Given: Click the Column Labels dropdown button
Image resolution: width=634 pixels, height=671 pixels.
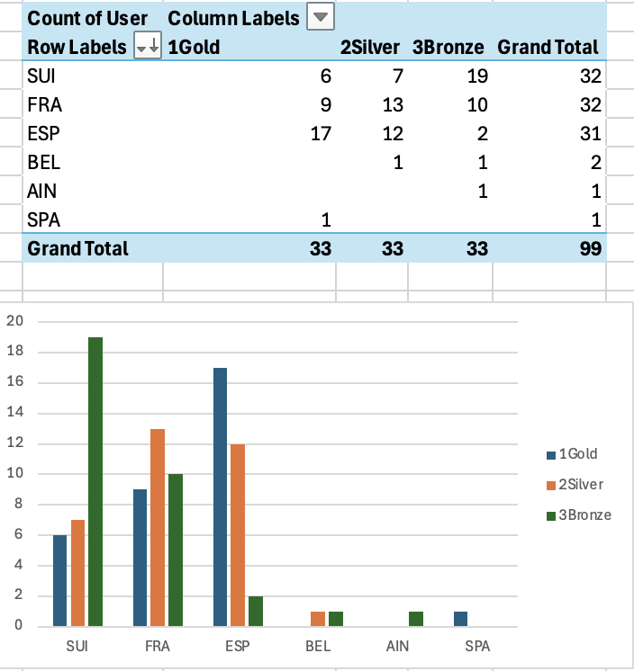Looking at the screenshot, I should pyautogui.click(x=321, y=16).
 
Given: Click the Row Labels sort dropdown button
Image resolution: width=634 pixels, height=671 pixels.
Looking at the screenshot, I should pyautogui.click(x=147, y=48).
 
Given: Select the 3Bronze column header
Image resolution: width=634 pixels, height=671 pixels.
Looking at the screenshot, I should pyautogui.click(x=448, y=48).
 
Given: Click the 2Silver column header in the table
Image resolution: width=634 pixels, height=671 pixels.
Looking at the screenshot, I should pyautogui.click(x=371, y=48).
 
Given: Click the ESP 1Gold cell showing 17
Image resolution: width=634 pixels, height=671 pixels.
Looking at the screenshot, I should pyautogui.click(x=320, y=134).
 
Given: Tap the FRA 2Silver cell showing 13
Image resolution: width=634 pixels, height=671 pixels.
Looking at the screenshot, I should pyautogui.click(x=392, y=105).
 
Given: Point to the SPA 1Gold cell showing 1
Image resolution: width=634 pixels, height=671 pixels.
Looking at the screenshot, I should pyautogui.click(x=327, y=219).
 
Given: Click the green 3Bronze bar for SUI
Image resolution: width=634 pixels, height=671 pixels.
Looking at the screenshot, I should pyautogui.click(x=95, y=481).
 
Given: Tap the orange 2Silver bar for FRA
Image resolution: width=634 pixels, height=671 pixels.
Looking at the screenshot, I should pyautogui.click(x=158, y=527).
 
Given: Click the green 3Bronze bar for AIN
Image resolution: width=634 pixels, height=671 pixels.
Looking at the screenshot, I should pyautogui.click(x=415, y=619).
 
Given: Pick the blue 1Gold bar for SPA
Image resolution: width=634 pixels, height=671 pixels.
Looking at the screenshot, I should pyautogui.click(x=460, y=619).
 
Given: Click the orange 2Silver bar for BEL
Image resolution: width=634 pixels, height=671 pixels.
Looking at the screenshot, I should pyautogui.click(x=318, y=619).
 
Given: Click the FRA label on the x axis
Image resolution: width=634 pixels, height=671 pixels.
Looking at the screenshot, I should pyautogui.click(x=158, y=647).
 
